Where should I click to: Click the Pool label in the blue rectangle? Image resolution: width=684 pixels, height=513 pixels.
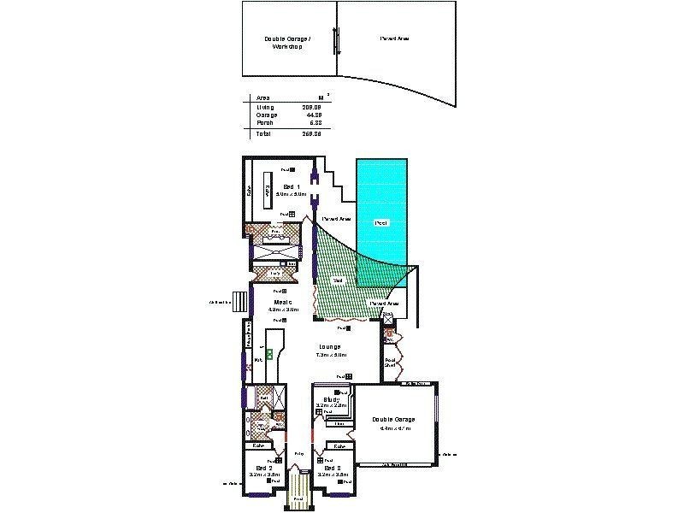tap(381, 222)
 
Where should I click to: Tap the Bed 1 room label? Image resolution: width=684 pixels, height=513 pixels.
tap(290, 186)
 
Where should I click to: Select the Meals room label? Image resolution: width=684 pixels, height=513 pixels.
tap(283, 303)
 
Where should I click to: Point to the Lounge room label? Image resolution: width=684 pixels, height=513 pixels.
tap(329, 346)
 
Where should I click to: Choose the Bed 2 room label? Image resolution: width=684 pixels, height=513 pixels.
tap(264, 469)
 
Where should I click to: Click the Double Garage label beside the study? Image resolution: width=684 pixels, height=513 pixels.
tap(393, 419)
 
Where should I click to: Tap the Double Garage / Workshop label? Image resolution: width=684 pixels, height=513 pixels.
tap(286, 43)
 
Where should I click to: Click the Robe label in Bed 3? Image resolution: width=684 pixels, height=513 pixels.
tap(339, 446)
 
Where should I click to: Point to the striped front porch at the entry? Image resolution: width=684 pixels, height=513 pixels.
tap(298, 492)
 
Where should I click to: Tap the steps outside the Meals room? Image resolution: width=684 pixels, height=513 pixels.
tap(240, 302)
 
